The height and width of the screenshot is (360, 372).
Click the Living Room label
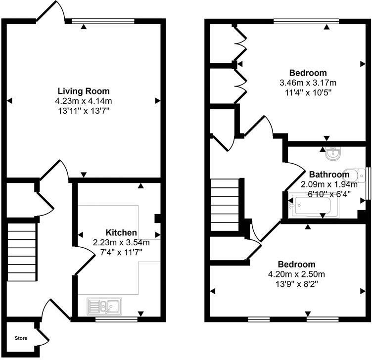coord(84,91)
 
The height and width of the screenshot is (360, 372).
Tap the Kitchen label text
coord(121,232)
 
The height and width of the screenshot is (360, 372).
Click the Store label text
coord(20,339)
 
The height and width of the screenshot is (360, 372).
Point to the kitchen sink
coord(104,306)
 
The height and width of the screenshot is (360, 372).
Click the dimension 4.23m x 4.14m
coord(84,101)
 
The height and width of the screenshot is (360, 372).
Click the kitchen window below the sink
coord(116,319)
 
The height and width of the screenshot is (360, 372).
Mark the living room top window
coord(103,21)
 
